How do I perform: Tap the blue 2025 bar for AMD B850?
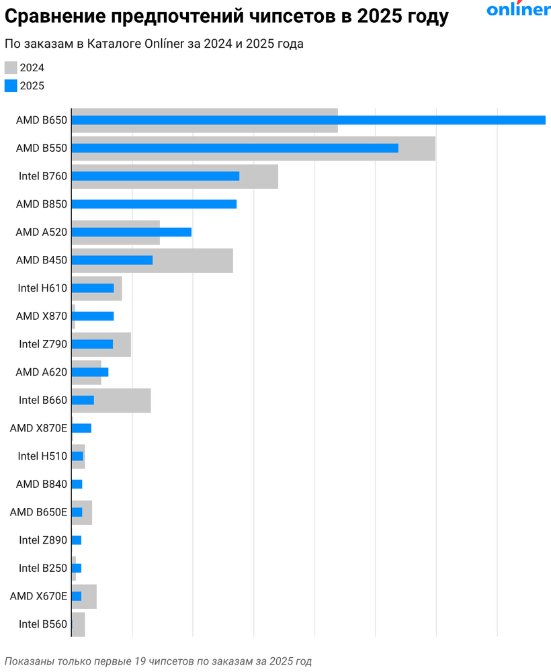[x=154, y=204]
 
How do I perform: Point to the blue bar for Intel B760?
[x=155, y=176]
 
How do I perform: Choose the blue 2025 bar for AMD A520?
[x=131, y=233]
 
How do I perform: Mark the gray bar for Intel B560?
[x=78, y=624]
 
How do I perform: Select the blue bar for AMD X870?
[x=93, y=317]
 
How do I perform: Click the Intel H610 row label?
[x=42, y=288]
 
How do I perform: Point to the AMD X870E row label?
[x=38, y=428]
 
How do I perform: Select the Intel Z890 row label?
[x=43, y=540]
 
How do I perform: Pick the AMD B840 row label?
[x=41, y=485]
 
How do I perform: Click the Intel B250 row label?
[x=43, y=569]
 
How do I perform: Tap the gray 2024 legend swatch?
[x=11, y=67]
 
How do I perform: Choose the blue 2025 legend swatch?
[x=11, y=85]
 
